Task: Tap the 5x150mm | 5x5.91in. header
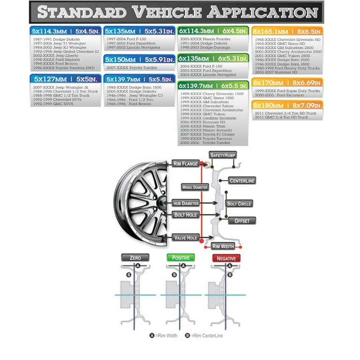tap(139, 60)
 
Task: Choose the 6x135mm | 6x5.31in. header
tap(213, 59)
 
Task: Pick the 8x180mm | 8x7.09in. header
tap(287, 105)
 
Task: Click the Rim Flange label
tap(186, 164)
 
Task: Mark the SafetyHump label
tap(223, 155)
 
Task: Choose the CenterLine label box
tap(242, 180)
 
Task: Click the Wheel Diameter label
tap(194, 187)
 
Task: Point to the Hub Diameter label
tap(186, 203)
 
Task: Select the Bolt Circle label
tap(239, 204)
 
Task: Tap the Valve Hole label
tap(186, 238)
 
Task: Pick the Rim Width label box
tap(223, 246)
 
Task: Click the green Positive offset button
tap(180, 258)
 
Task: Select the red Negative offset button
tap(226, 258)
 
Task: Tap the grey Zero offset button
tap(135, 258)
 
